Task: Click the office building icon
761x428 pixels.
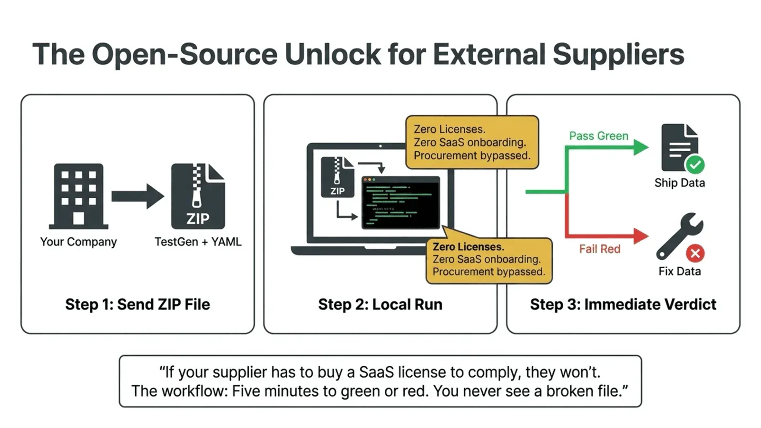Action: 78,196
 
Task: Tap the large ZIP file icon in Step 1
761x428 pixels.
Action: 198,196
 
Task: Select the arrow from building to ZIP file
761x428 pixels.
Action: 137,196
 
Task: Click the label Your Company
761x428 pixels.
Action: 78,242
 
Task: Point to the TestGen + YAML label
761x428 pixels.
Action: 198,242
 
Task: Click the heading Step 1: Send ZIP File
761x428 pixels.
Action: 137,304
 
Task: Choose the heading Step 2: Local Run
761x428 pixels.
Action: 380,304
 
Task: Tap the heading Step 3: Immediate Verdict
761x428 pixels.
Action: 623,304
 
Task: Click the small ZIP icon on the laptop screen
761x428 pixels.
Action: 337,177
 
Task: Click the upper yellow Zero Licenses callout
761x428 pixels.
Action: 472,142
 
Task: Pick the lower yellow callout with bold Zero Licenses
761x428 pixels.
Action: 488,260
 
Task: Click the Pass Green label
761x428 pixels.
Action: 599,136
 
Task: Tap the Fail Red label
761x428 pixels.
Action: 599,249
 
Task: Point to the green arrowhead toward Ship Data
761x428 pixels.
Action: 641,147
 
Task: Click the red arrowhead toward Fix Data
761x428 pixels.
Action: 641,235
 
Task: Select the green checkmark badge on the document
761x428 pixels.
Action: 695,165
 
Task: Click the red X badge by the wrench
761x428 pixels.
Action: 695,253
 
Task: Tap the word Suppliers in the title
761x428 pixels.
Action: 618,54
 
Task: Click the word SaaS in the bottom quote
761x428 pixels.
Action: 376,372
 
